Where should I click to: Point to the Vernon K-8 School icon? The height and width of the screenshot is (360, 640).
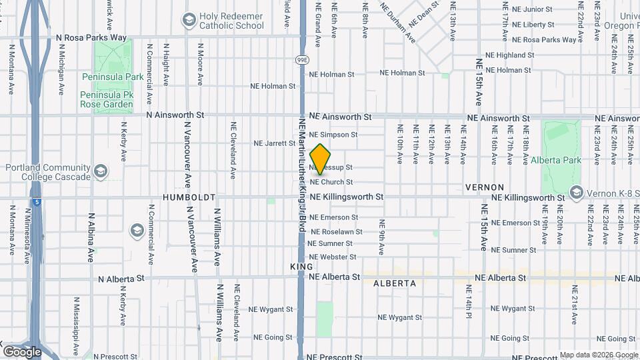coord(577,193)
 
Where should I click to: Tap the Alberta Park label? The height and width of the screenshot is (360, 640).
coord(556,160)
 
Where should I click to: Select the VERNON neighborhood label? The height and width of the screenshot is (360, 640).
coord(484,187)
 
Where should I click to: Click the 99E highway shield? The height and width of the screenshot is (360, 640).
coord(301,59)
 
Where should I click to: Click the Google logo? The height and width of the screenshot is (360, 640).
coord(22,351)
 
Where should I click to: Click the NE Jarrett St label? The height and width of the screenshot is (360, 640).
coord(275,143)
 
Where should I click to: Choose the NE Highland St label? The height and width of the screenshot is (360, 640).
coord(512,55)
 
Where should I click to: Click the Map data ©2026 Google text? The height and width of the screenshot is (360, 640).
coord(598,355)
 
